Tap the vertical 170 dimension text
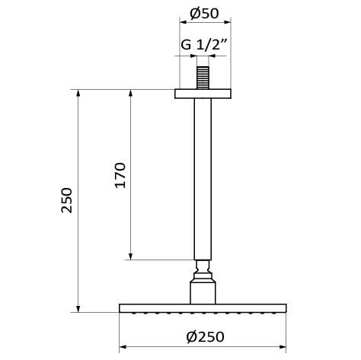point(120,176)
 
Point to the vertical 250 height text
point(67,200)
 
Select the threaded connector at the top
point(202,78)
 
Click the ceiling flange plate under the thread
point(202,94)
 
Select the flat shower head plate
point(202,308)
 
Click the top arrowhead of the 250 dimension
point(78,93)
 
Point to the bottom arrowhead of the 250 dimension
point(78,308)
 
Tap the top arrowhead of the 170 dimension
point(131,93)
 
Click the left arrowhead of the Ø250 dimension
point(123,346)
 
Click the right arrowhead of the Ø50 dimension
point(228,24)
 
